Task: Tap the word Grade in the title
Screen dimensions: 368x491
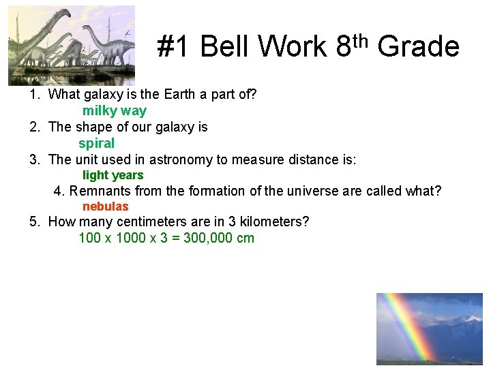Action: click(418, 47)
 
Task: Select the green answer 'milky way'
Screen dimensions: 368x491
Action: click(114, 110)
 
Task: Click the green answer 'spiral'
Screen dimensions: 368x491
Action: click(96, 143)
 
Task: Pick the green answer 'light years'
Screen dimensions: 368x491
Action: click(113, 175)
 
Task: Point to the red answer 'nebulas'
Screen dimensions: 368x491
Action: click(105, 206)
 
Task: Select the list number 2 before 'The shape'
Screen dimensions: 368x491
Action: click(33, 127)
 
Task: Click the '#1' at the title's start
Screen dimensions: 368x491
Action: click(175, 47)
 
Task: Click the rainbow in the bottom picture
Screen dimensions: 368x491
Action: click(402, 327)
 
